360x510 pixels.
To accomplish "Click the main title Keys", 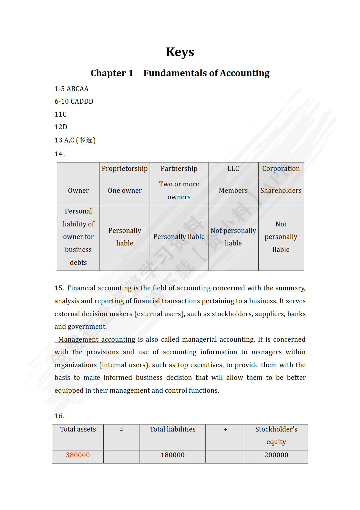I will click(180, 52).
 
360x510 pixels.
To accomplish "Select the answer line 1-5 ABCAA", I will click(71, 89).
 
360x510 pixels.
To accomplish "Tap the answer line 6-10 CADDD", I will click(74, 101).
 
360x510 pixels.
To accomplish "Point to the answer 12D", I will click(61, 127).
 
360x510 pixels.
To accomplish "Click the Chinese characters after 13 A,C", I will click(86, 140).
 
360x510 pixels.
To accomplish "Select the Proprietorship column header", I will click(125, 169).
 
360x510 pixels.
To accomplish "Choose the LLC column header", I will click(233, 169).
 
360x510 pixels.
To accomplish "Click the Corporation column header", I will click(281, 169).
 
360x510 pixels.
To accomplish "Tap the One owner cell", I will click(125, 191).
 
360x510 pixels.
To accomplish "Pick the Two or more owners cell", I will click(179, 191).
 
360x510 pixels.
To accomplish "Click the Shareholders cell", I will click(281, 191).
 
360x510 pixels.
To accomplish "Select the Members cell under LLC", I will click(233, 191).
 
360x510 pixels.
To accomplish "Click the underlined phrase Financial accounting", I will click(99, 288).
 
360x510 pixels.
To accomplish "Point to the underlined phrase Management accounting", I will click(97, 339).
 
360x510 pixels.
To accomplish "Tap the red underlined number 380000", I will click(78, 455).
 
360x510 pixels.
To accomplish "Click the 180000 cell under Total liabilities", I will click(173, 455).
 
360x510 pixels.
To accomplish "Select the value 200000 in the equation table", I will click(276, 455).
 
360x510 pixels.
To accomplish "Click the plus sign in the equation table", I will click(225, 429).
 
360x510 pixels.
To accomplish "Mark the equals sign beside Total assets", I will click(122, 430).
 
